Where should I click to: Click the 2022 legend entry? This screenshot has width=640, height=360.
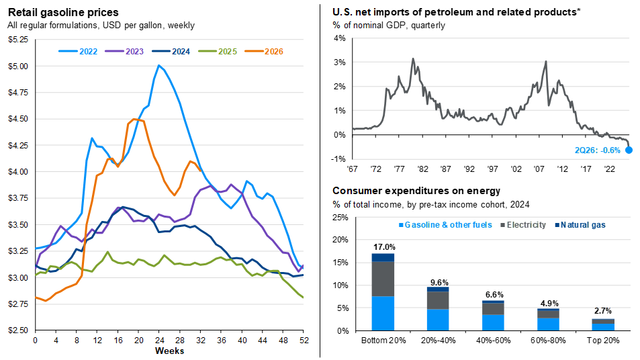78,52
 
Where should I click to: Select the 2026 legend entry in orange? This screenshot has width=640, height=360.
264,52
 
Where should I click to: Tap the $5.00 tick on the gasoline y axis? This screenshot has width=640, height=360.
18,66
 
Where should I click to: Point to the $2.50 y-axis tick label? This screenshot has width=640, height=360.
18,330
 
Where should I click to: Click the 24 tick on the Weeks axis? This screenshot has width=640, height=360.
160,341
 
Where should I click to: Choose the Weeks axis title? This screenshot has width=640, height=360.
169,351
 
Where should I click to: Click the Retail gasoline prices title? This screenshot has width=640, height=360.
63,12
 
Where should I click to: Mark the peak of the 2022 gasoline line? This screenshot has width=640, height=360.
158,65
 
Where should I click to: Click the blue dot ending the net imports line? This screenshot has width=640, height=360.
629,150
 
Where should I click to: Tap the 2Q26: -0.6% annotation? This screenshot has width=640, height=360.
598,150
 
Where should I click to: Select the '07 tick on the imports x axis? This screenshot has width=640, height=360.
539,169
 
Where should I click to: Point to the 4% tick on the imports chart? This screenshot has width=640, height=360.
339,38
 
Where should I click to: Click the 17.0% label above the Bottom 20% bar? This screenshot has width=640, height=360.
384,247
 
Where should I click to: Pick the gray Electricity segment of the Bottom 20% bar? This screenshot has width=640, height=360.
383,279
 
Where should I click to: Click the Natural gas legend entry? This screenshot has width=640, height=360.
580,225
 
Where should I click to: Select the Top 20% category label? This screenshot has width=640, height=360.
603,341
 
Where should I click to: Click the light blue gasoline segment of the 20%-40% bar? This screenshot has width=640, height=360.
438,320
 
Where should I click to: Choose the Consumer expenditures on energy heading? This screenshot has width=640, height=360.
416,191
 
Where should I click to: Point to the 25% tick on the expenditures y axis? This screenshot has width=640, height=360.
340,218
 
